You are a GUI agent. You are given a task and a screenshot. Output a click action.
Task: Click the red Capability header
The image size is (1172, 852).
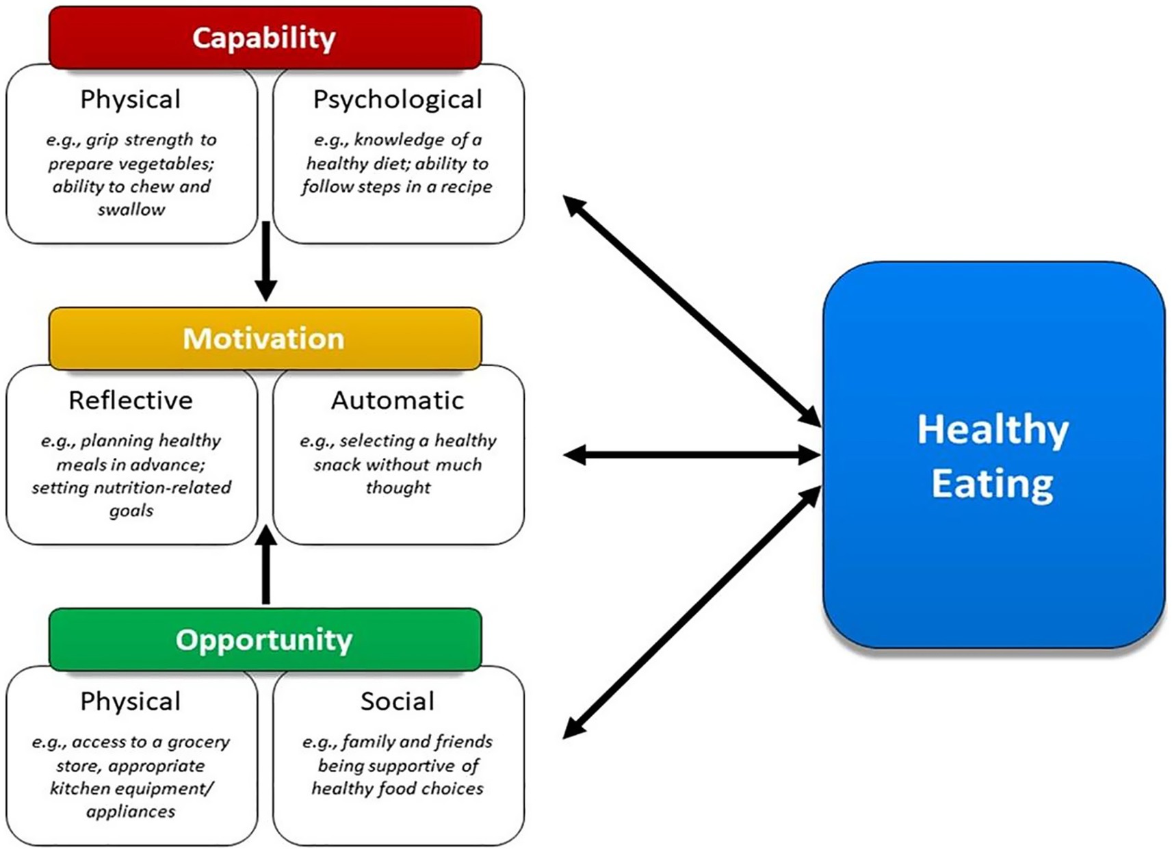point(265,38)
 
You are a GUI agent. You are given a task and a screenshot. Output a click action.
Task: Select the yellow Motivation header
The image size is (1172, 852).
point(265,339)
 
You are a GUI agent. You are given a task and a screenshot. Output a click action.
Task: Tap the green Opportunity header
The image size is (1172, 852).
point(265,640)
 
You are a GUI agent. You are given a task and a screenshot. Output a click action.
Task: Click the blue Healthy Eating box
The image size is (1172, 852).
point(993,455)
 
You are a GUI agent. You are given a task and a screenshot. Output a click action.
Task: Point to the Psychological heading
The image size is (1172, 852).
point(398,100)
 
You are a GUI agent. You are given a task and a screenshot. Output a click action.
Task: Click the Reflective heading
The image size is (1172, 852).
point(131,400)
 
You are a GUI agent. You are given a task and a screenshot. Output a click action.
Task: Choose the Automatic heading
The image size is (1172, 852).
point(398,400)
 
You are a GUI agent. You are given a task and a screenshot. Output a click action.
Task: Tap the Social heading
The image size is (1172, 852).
point(398,701)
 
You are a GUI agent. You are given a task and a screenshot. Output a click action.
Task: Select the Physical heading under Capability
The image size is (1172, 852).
point(131,100)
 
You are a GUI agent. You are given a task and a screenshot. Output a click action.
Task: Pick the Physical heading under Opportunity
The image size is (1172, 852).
point(131,701)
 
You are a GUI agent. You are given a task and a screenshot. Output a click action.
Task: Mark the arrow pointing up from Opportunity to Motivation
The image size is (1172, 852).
point(265,565)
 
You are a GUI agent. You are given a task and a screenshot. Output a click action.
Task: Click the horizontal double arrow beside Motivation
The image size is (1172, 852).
point(691,454)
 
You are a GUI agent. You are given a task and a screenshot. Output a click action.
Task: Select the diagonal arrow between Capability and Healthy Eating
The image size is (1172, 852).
point(691,311)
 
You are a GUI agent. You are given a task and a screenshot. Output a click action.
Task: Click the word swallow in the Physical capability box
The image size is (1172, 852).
point(131,209)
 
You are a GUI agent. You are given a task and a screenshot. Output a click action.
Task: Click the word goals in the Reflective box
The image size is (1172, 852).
point(131,511)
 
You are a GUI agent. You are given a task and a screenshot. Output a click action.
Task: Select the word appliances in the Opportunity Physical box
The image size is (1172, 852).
point(131,812)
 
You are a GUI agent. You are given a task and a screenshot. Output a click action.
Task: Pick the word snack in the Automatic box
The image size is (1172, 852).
point(337,465)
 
